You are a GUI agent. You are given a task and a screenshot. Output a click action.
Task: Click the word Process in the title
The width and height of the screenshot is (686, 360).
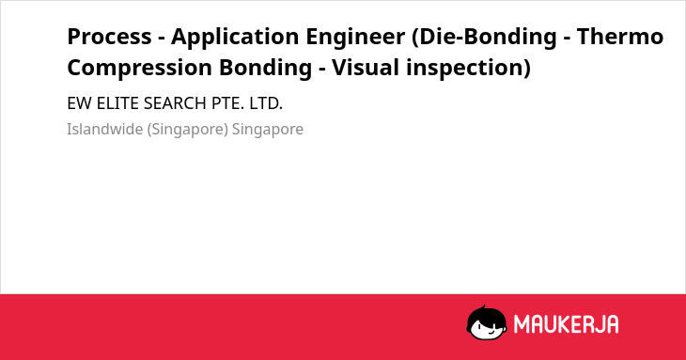pos(109,37)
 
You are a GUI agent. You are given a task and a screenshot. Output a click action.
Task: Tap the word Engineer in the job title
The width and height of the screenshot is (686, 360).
pos(355,38)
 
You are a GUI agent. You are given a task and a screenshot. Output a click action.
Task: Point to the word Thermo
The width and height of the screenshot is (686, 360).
pos(620,37)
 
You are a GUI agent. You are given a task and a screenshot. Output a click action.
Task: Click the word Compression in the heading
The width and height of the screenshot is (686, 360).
pos(140,68)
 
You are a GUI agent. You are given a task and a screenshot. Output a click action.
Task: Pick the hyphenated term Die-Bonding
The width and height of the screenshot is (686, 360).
pos(484,38)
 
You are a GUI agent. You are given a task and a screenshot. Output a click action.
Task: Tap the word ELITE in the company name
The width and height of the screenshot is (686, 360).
pos(117,103)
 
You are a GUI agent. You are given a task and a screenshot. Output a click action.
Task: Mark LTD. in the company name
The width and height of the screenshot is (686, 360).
pos(266,103)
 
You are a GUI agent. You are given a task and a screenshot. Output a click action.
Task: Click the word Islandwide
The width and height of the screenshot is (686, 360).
pos(105,130)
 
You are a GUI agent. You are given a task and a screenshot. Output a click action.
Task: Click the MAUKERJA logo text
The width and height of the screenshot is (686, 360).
pos(566,324)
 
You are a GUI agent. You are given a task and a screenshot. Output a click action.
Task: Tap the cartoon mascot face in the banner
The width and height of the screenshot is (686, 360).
pos(487,323)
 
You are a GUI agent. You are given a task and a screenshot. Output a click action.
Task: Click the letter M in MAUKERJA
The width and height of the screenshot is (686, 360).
pos(522,324)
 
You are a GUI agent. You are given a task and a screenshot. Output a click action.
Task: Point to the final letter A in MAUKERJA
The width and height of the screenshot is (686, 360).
pos(612,324)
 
